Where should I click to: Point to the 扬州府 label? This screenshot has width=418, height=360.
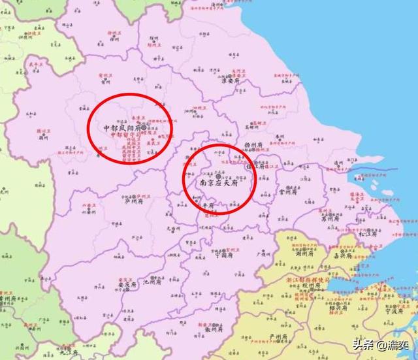click(x=253, y=145)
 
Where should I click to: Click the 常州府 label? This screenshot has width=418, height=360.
click(x=288, y=193)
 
